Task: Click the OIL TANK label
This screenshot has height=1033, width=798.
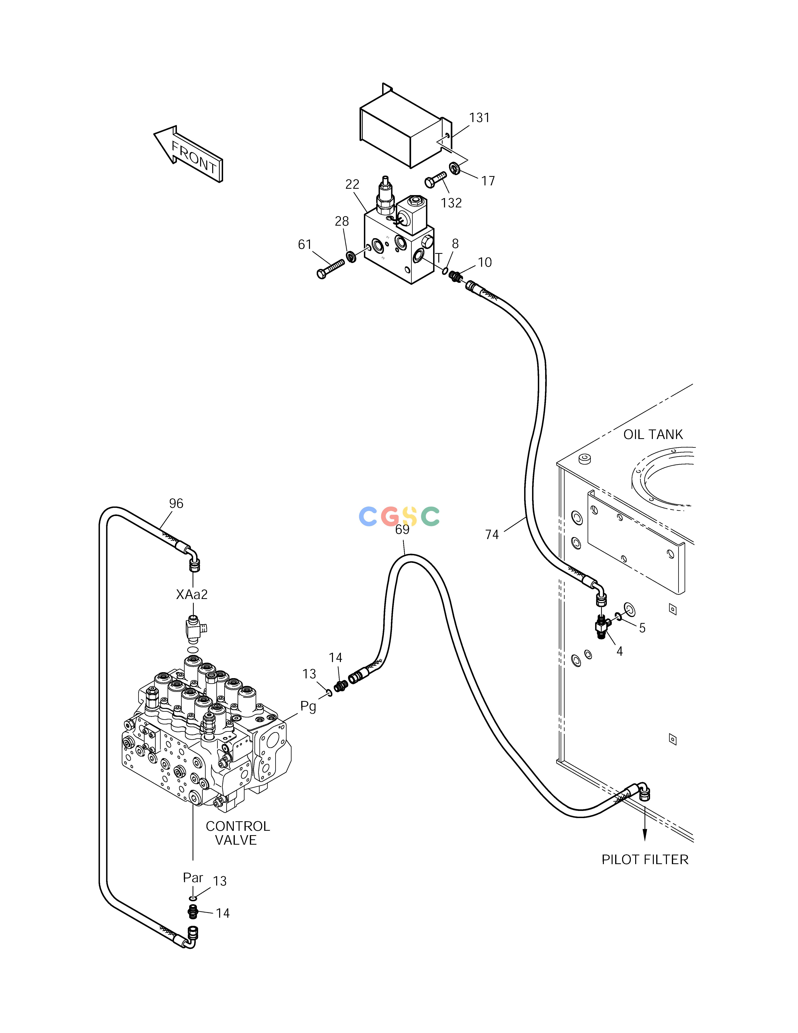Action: point(653,434)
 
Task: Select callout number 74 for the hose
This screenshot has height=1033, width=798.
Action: point(492,534)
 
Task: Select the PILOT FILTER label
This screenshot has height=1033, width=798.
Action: point(645,859)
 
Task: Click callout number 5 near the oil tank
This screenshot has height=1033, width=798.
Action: point(642,628)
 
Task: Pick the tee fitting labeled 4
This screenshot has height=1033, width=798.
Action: point(602,627)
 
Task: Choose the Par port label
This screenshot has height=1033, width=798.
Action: point(193,877)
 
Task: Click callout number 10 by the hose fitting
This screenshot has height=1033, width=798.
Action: point(484,263)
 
